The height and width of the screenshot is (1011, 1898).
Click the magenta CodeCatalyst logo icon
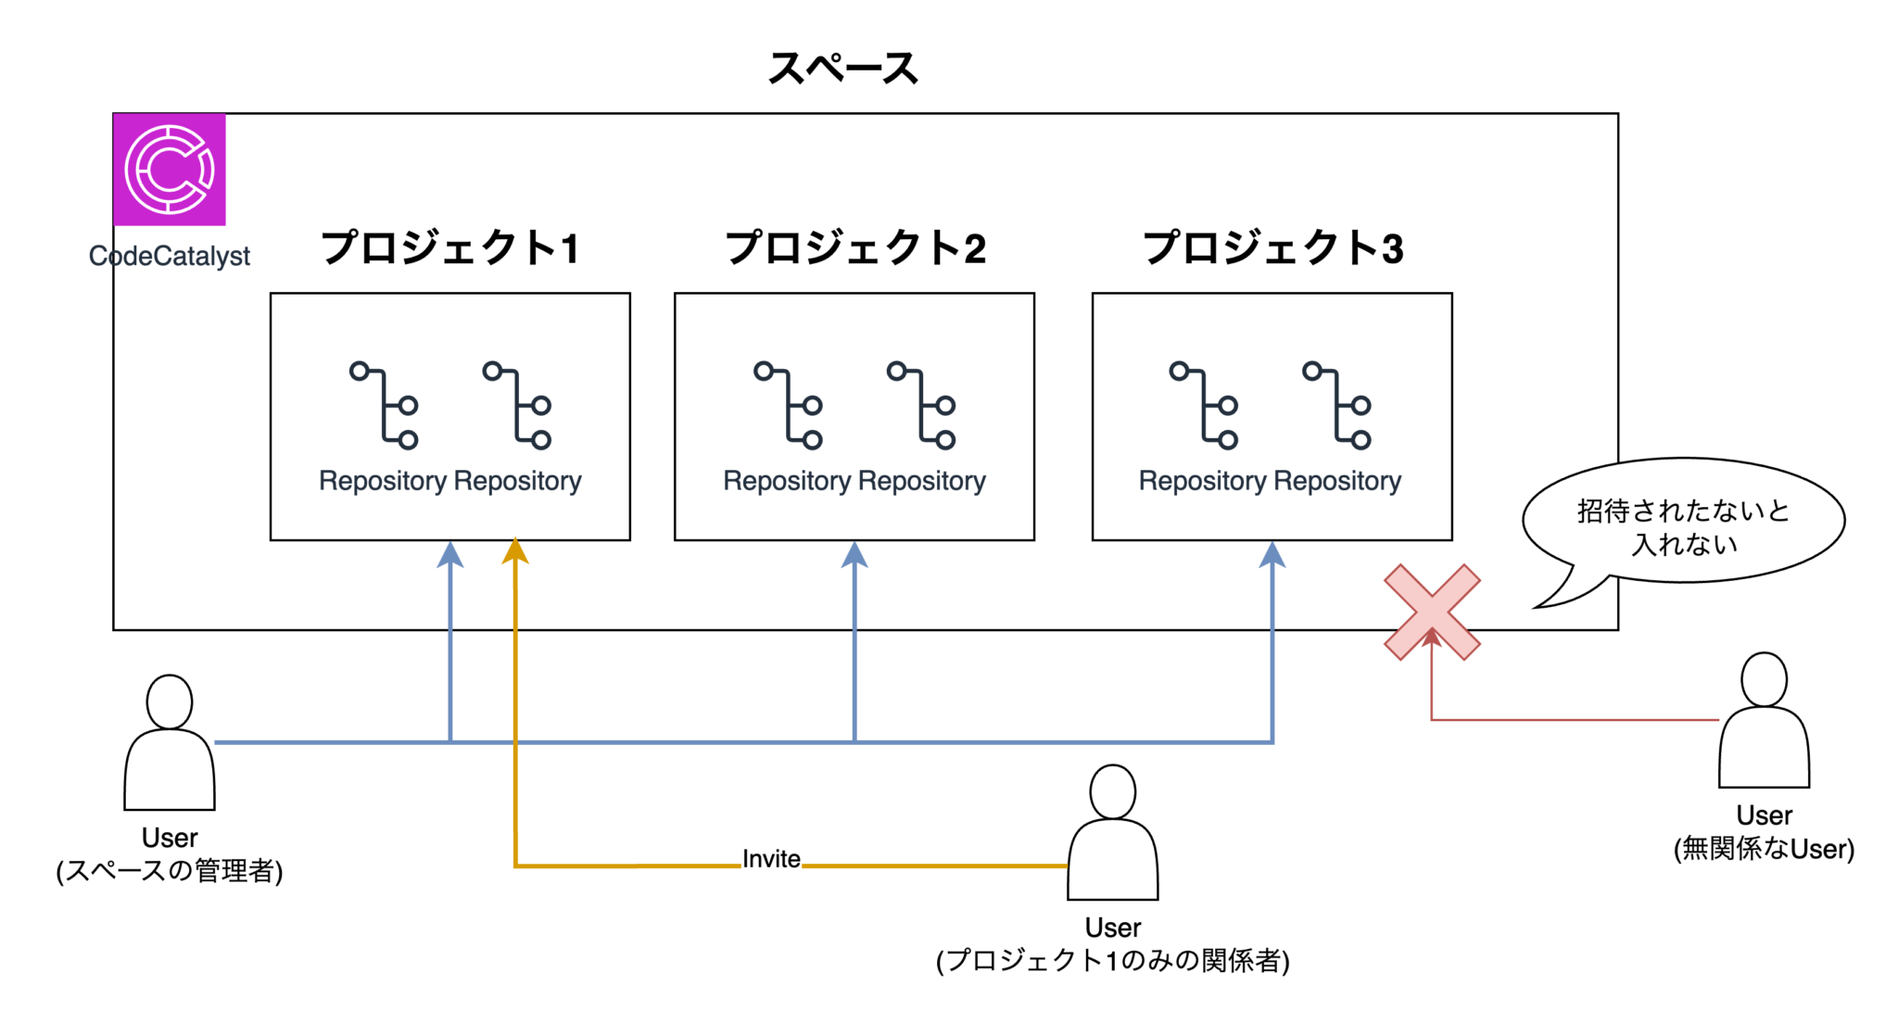[170, 170]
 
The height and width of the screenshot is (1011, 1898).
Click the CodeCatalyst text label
[170, 256]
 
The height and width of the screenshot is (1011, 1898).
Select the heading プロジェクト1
[450, 248]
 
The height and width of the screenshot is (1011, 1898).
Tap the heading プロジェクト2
[854, 248]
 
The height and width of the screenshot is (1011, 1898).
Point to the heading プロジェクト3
[1272, 248]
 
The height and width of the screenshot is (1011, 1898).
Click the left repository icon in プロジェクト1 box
[384, 406]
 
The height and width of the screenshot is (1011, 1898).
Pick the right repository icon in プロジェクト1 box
[517, 406]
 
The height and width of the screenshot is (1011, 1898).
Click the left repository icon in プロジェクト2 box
[788, 406]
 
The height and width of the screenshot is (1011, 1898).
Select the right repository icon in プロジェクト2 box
[921, 406]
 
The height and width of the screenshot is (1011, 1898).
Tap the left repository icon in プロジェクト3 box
[1204, 406]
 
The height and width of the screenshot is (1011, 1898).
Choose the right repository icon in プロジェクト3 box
[1336, 406]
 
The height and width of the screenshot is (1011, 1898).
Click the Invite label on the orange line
[771, 858]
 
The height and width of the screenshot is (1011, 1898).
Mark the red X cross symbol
[1432, 613]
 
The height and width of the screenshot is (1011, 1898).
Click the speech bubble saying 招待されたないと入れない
[1682, 524]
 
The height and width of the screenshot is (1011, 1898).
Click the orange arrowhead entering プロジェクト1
[515, 552]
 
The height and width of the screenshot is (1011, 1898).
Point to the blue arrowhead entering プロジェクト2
[854, 555]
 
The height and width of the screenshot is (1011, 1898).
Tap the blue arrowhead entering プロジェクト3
[1272, 555]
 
